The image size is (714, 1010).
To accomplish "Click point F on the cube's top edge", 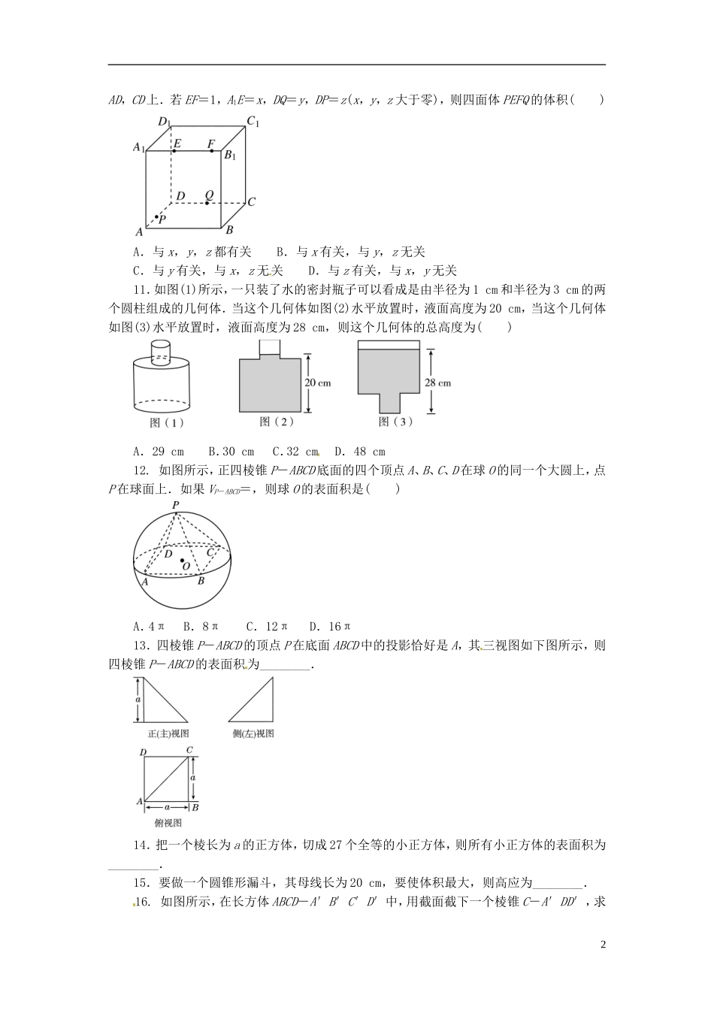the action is click(x=211, y=151).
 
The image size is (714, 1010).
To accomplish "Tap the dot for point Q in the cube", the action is click(x=207, y=203).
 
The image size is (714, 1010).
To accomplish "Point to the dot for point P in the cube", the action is click(x=156, y=217).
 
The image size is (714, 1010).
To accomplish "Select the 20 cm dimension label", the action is click(x=317, y=383).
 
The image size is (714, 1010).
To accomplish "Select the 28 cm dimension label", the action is click(x=438, y=383).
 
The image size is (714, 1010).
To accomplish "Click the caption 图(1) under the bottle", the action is click(x=167, y=422).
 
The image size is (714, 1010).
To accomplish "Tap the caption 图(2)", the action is click(x=276, y=422).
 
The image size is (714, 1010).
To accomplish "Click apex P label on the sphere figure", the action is click(x=176, y=505).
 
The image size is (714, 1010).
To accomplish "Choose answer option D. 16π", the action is click(x=331, y=626).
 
